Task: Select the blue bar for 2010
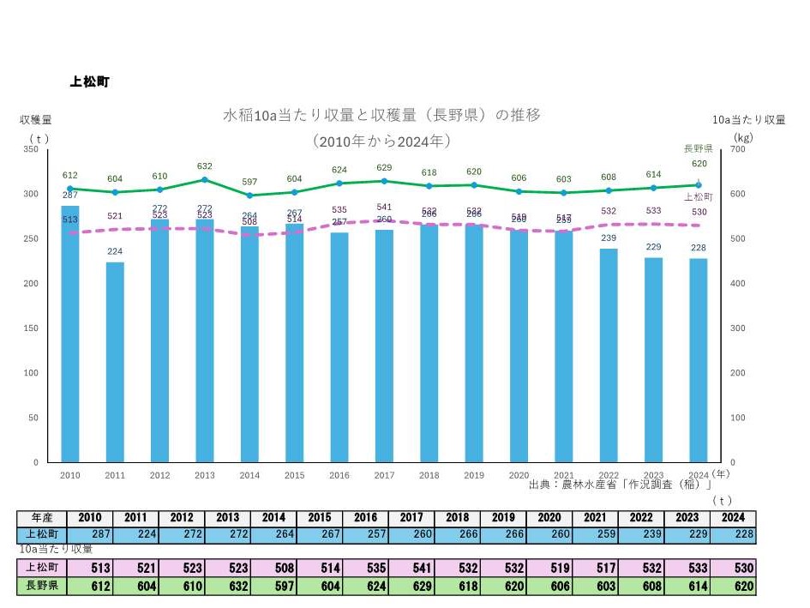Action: [70, 334]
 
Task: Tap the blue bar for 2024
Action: [699, 360]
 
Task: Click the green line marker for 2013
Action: [204, 180]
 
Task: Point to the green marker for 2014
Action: [249, 196]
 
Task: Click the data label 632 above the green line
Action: [204, 166]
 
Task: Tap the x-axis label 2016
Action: [339, 475]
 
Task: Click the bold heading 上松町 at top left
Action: [88, 82]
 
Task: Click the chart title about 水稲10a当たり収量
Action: [381, 115]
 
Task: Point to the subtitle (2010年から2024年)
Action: [381, 140]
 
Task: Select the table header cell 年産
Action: [42, 518]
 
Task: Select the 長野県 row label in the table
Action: [42, 587]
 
